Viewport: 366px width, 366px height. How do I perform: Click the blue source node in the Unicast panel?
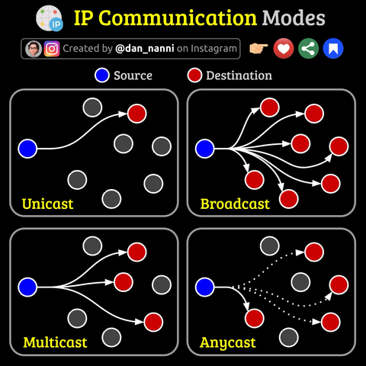coord(27,149)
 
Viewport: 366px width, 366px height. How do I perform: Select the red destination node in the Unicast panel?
coord(137,114)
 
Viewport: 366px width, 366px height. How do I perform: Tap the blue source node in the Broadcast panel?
coord(204,149)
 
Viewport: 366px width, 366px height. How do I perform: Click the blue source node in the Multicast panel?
coord(27,287)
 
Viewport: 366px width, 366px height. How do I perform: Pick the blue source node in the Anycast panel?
coord(204,287)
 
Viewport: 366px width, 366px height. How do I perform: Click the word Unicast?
coord(47,204)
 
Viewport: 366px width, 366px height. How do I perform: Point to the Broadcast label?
coord(235,204)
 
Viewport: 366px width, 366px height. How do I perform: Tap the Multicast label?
coord(55,342)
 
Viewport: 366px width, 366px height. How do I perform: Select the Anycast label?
coord(228,343)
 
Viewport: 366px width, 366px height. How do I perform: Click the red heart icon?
coord(284,48)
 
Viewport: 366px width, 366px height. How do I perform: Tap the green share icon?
coord(308,48)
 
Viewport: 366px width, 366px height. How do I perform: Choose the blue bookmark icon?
coord(333,48)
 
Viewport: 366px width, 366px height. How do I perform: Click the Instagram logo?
coord(52,49)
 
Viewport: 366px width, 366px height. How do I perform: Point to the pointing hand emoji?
coord(258,48)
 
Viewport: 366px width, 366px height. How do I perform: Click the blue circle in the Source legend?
coord(102,75)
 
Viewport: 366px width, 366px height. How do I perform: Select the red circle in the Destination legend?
coord(194,75)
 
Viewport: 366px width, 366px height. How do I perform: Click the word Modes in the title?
coord(294,18)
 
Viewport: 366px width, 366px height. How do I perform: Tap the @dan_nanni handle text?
coord(145,48)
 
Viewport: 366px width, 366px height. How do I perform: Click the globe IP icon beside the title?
coord(50,18)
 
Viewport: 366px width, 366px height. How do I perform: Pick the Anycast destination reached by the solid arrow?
coord(255,318)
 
